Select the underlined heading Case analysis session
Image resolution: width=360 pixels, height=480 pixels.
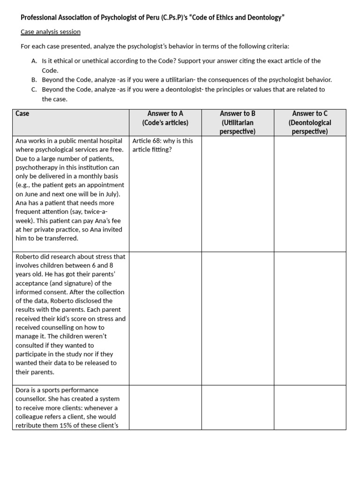coord(51,32)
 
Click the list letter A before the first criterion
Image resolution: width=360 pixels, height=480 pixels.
coord(34,61)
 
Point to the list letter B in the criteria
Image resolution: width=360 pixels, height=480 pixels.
coord(34,80)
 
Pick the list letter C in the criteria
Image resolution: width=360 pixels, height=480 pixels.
coord(34,89)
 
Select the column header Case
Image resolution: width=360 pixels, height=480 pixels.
coord(22,113)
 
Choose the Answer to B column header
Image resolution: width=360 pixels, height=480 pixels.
coord(237,122)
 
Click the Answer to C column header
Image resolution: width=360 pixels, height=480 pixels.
coord(310,122)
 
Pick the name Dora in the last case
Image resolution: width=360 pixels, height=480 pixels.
coord(23,390)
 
